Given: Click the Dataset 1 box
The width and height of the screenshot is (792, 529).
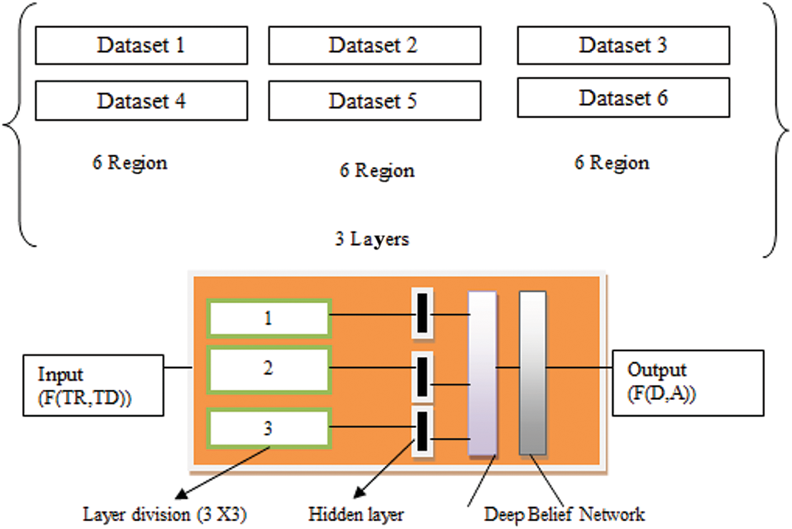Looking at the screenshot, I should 141,45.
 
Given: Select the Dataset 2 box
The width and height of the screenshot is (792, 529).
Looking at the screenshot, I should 374,45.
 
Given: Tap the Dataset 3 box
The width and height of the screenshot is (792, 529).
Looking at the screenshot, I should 623,45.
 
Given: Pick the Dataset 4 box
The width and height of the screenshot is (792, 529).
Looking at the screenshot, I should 141,100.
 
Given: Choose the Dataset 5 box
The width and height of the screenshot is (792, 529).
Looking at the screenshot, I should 374,100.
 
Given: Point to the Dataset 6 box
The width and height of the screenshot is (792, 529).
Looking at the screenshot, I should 623,97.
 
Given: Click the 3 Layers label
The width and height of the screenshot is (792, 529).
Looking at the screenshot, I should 371,239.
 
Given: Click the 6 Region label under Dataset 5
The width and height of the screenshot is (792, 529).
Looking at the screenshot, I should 376,171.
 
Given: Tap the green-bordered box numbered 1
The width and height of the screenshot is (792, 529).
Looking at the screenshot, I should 269,318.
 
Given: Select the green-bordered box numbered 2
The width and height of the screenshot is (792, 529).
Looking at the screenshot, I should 269,369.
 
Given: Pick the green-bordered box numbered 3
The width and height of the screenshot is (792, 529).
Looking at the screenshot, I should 269,429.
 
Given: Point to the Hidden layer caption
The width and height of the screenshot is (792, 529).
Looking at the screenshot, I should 356,514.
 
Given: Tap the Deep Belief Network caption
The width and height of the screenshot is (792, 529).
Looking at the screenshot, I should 564,514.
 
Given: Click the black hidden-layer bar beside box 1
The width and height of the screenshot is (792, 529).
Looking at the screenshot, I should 422,313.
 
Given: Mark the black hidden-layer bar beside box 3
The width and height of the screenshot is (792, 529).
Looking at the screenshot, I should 422,430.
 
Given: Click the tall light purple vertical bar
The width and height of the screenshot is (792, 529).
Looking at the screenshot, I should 482,373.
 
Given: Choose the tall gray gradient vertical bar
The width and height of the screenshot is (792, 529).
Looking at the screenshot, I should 533,373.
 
